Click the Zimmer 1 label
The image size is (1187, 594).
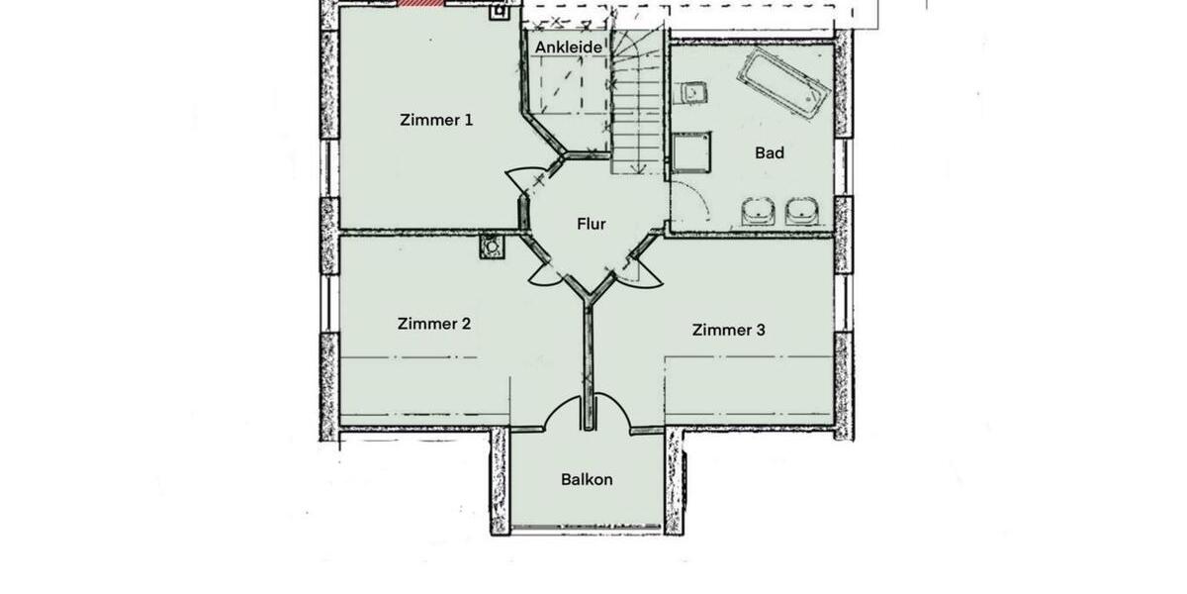(436, 120)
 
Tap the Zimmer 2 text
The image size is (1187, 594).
(433, 324)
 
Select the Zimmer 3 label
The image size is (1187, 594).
(728, 330)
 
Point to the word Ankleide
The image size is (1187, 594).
(569, 47)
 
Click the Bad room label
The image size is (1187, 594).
(770, 152)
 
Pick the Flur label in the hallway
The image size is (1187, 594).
(591, 224)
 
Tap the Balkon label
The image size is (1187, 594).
(587, 479)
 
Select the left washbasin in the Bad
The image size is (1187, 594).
(758, 211)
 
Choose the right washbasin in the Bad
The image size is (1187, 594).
(801, 211)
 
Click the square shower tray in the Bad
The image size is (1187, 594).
(691, 153)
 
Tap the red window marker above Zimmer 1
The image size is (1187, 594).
(421, 3)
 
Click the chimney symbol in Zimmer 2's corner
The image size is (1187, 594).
(490, 245)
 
